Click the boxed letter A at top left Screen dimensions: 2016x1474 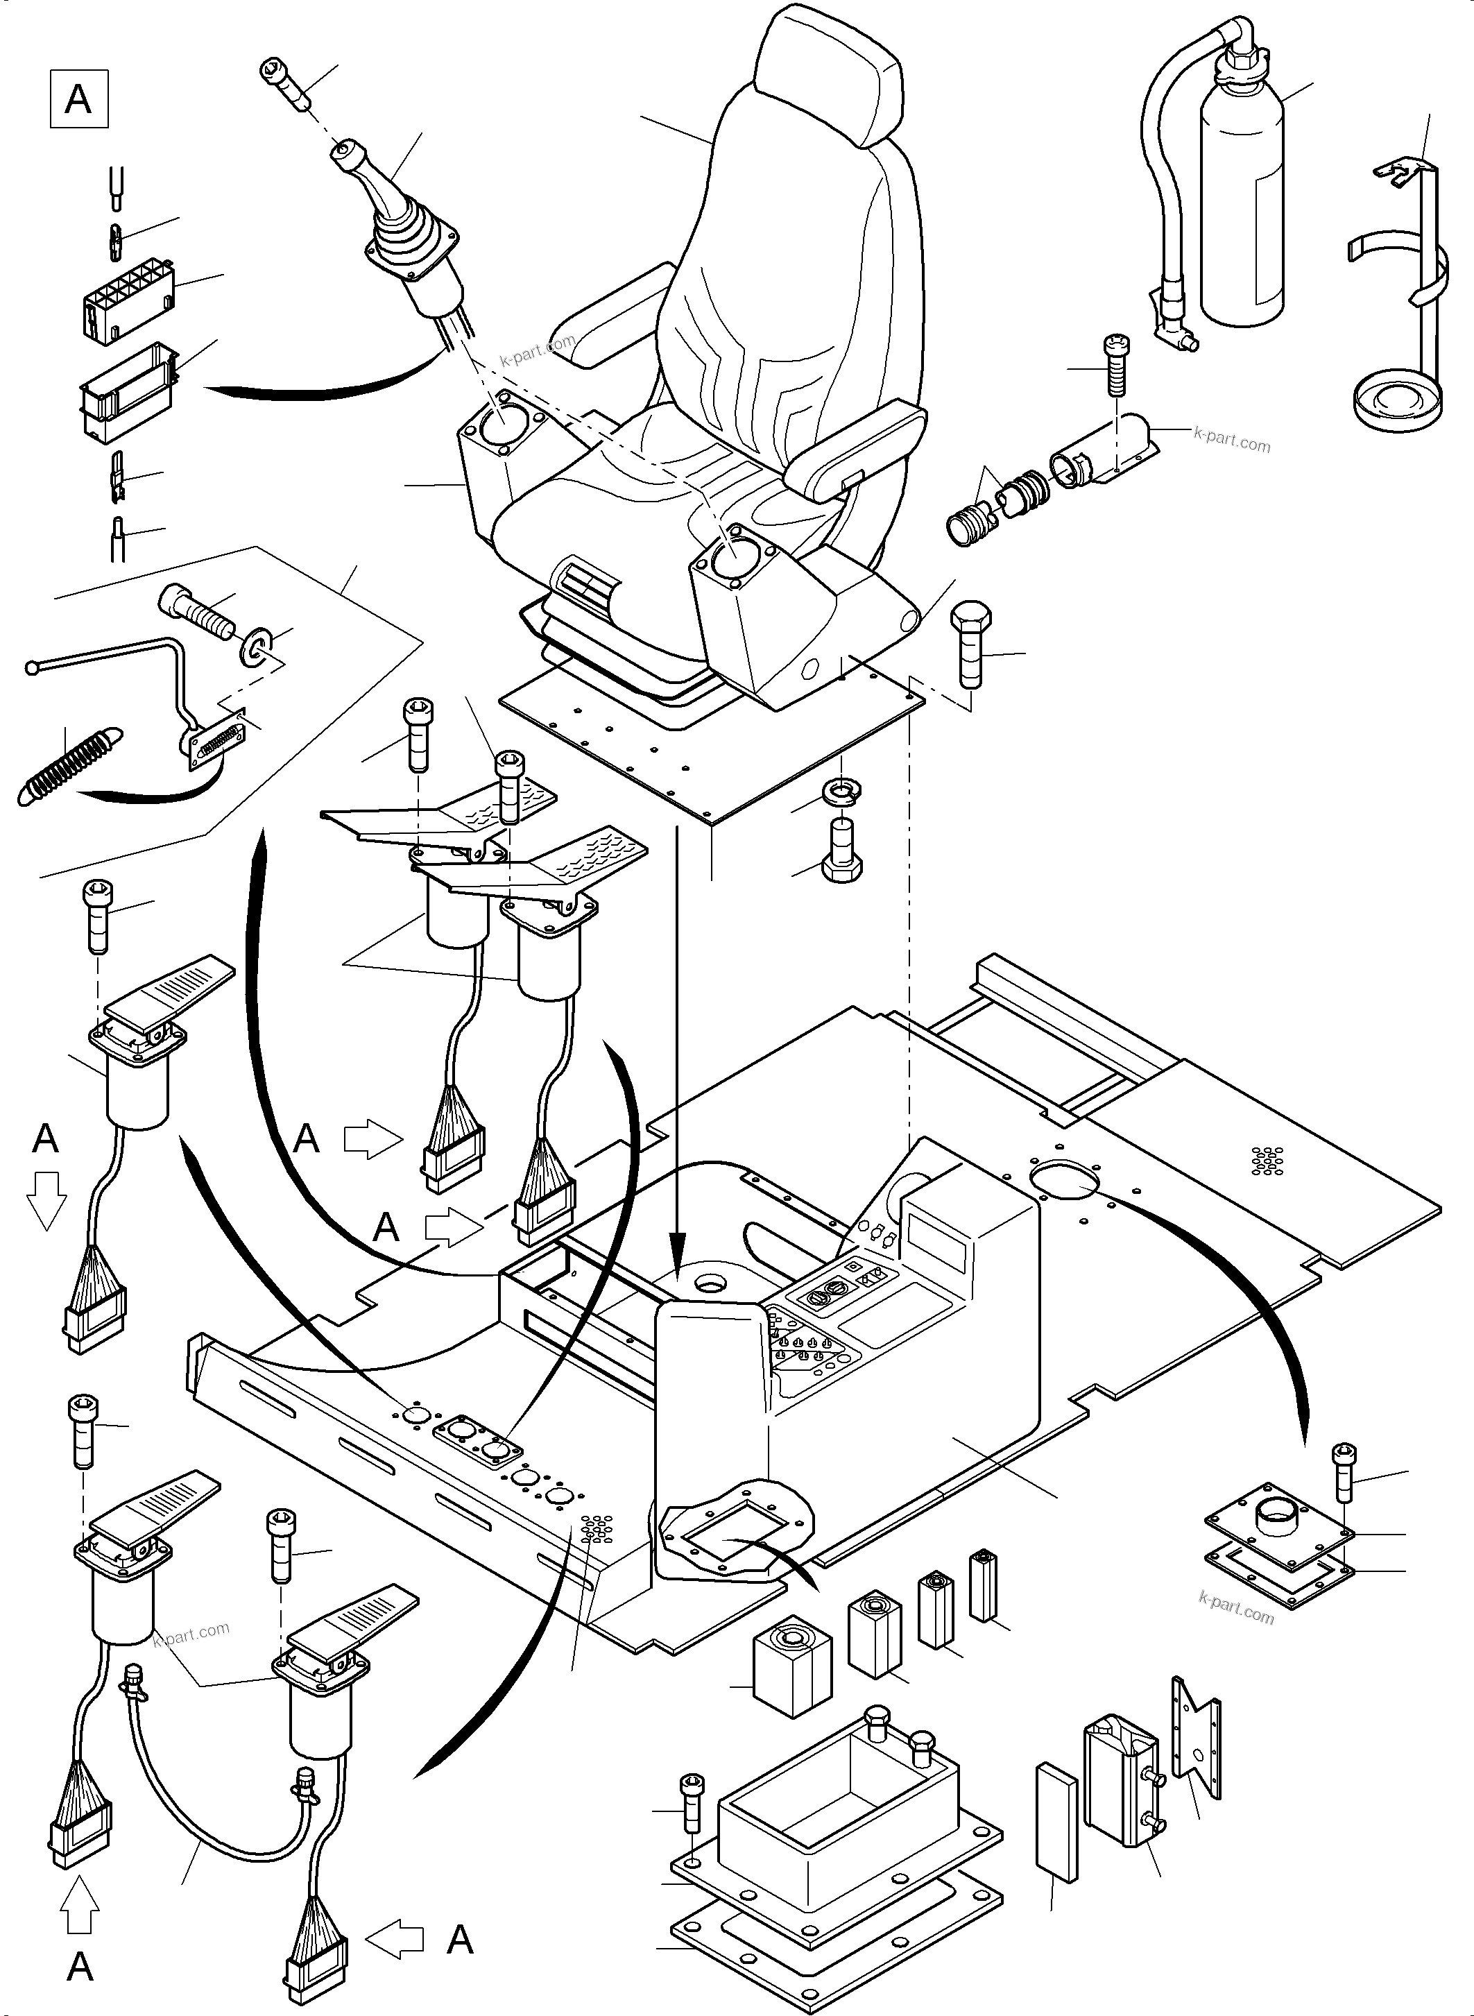pos(78,99)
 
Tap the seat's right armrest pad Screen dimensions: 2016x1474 pos(861,449)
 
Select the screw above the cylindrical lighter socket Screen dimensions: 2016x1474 pos(1115,366)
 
